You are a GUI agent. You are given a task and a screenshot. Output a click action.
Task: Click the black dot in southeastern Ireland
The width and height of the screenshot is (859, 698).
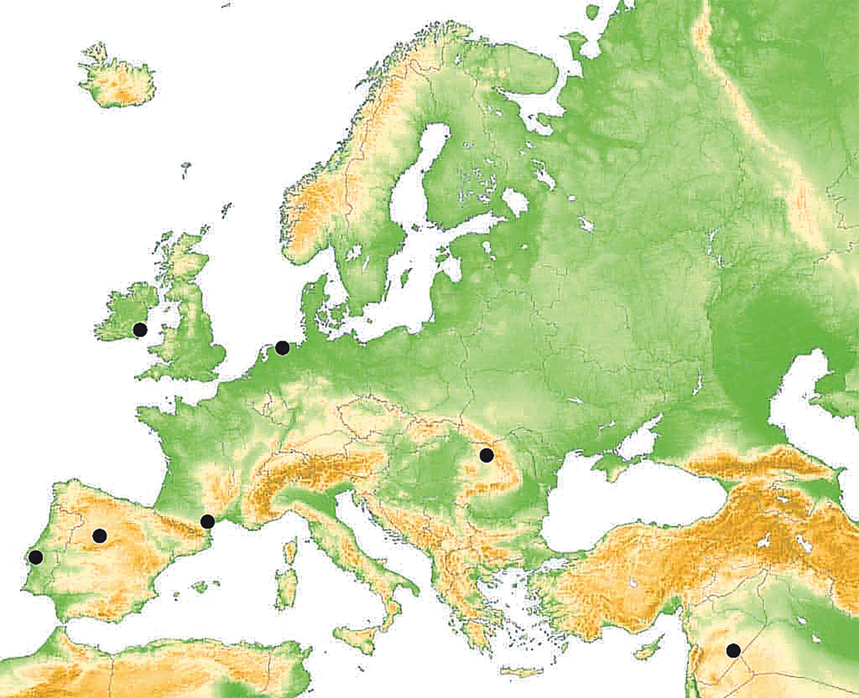click(x=140, y=330)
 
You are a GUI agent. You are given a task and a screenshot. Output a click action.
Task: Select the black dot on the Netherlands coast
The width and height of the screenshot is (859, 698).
click(x=282, y=348)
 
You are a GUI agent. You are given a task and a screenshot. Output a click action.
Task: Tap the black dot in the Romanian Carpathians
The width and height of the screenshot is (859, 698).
click(x=486, y=455)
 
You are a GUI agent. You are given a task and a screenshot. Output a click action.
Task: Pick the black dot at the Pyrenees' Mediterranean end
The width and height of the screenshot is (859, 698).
click(x=207, y=521)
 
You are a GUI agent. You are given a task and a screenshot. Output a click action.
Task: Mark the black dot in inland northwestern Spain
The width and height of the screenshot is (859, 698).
click(x=99, y=535)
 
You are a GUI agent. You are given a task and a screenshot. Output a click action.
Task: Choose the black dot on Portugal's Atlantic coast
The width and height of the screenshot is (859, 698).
click(x=35, y=557)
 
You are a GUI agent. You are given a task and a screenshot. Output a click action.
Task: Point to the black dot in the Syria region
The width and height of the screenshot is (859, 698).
click(x=733, y=651)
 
